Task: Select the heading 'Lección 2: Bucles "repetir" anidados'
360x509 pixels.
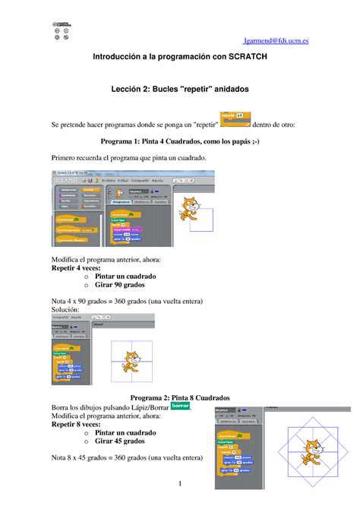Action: pos(179,90)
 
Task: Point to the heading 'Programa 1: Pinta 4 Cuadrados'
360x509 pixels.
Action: pos(179,141)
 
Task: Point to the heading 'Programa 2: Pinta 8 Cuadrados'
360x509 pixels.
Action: pos(179,397)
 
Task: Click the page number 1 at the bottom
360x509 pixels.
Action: pos(179,484)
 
